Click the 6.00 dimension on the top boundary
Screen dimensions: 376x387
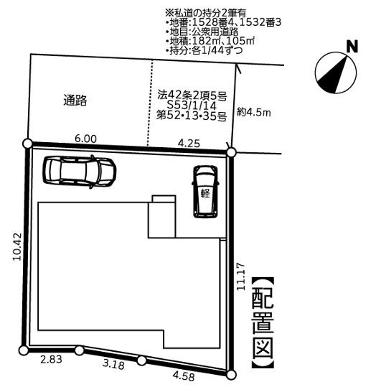click(85, 139)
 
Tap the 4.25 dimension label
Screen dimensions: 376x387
click(189, 143)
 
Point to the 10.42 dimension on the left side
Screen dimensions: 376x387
click(18, 246)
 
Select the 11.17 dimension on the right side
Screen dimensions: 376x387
click(241, 276)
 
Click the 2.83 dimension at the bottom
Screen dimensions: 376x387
click(51, 359)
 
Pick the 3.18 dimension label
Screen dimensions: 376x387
click(113, 365)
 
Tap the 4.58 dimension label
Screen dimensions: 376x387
click(184, 376)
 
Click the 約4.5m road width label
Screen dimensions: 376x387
click(254, 112)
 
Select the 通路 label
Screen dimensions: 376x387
click(75, 101)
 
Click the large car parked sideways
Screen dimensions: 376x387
click(79, 172)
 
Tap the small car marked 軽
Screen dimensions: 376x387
click(205, 192)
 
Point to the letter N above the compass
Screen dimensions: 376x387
click(352, 47)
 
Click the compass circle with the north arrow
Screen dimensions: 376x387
click(336, 73)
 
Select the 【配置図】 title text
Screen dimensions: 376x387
click(263, 322)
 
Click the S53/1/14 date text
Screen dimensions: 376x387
click(192, 106)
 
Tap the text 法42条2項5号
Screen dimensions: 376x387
click(192, 95)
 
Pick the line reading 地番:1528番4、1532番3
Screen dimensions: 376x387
click(224, 23)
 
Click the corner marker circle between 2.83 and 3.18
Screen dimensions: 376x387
click(79, 350)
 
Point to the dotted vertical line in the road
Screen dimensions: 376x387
click(149, 103)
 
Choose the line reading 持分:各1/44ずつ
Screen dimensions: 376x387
click(205, 50)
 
